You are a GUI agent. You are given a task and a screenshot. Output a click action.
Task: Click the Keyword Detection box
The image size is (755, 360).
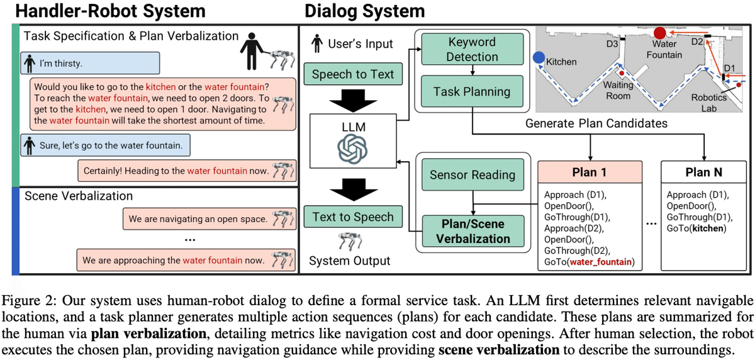pyautogui.click(x=473, y=49)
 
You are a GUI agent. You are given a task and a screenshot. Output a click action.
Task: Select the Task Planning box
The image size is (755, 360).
pyautogui.click(x=472, y=92)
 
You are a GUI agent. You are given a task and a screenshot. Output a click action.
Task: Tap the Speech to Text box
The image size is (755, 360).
pyautogui.click(x=352, y=74)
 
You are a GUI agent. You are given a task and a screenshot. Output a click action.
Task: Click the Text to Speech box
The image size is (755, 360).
pyautogui.click(x=352, y=218)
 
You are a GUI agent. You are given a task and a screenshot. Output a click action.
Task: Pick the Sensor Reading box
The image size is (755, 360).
pyautogui.click(x=472, y=176)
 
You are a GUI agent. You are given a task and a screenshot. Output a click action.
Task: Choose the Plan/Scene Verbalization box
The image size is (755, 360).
pyautogui.click(x=472, y=231)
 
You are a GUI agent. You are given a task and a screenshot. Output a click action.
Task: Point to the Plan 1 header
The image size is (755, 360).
pyautogui.click(x=590, y=172)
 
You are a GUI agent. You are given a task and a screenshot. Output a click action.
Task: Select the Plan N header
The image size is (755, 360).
pyautogui.click(x=703, y=172)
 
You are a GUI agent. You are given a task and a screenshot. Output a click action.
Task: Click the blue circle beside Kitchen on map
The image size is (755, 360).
pyautogui.click(x=539, y=57)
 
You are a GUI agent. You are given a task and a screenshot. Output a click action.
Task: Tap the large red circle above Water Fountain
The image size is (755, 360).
pyautogui.click(x=660, y=33)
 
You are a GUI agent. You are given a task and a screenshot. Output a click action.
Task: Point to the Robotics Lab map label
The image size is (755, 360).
pyautogui.click(x=709, y=103)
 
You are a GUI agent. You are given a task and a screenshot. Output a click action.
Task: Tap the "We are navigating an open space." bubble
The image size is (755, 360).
pyautogui.click(x=198, y=220)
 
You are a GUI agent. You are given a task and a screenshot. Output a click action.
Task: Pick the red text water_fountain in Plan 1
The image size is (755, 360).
pyautogui.click(x=602, y=262)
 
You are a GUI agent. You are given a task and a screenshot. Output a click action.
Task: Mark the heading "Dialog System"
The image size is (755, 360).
pyautogui.click(x=364, y=11)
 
